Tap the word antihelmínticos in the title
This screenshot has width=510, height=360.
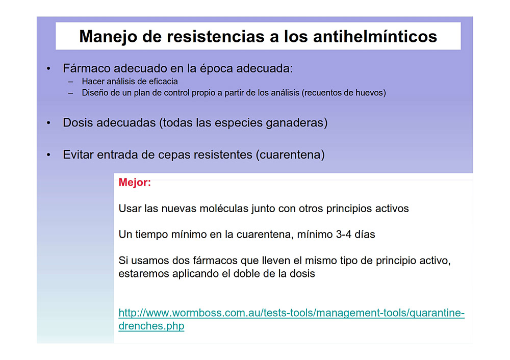(x=375, y=36)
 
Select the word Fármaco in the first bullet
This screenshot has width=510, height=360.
(x=87, y=68)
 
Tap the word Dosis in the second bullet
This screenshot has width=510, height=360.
(x=77, y=122)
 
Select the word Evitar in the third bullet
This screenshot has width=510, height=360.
(x=78, y=155)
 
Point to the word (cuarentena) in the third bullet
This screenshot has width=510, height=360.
(x=290, y=155)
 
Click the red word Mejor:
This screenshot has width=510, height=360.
(x=135, y=183)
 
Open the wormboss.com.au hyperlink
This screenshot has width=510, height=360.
(x=291, y=319)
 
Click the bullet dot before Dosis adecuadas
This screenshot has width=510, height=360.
(x=48, y=123)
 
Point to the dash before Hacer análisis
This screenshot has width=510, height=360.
(x=70, y=82)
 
